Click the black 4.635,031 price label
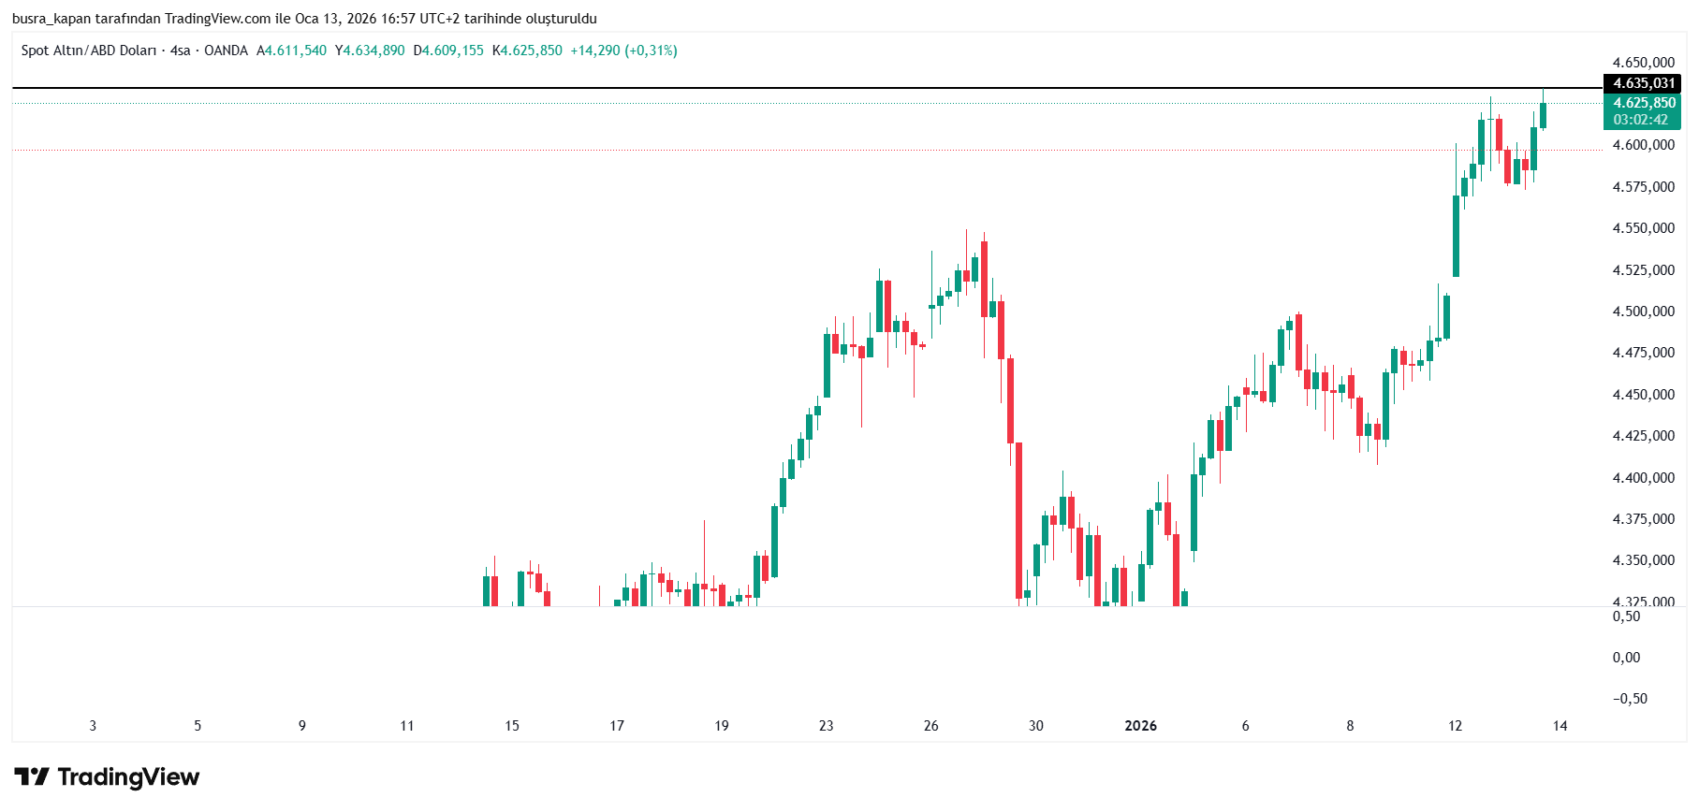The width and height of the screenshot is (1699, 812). pyautogui.click(x=1643, y=83)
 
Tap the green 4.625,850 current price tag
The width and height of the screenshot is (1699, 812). pyautogui.click(x=1643, y=103)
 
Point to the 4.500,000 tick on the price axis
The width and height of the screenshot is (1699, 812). pyautogui.click(x=1643, y=312)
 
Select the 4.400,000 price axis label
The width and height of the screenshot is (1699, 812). pyautogui.click(x=1643, y=478)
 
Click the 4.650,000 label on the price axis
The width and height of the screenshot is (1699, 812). pyautogui.click(x=1643, y=63)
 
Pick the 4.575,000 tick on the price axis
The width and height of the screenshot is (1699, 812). pyautogui.click(x=1643, y=187)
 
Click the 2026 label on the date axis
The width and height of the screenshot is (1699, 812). pyautogui.click(x=1140, y=726)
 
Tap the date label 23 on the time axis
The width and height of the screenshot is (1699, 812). pyautogui.click(x=826, y=726)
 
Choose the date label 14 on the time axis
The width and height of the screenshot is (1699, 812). pyautogui.click(x=1560, y=726)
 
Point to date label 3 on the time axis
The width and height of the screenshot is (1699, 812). pyautogui.click(x=93, y=726)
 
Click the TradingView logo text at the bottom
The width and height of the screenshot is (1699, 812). pyautogui.click(x=128, y=777)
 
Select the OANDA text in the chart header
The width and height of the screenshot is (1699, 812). pyautogui.click(x=226, y=51)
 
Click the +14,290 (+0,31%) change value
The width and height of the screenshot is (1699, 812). pyautogui.click(x=623, y=51)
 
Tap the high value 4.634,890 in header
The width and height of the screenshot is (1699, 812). pyautogui.click(x=373, y=51)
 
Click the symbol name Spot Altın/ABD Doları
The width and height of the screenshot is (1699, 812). pyautogui.click(x=89, y=51)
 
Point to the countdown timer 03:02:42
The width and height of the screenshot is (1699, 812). pyautogui.click(x=1640, y=120)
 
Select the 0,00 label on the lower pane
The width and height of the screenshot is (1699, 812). pyautogui.click(x=1626, y=658)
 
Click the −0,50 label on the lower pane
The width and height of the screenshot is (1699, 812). pyautogui.click(x=1629, y=699)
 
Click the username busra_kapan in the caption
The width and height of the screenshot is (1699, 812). pyautogui.click(x=51, y=19)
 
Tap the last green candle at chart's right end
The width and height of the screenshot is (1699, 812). pyautogui.click(x=1543, y=115)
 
